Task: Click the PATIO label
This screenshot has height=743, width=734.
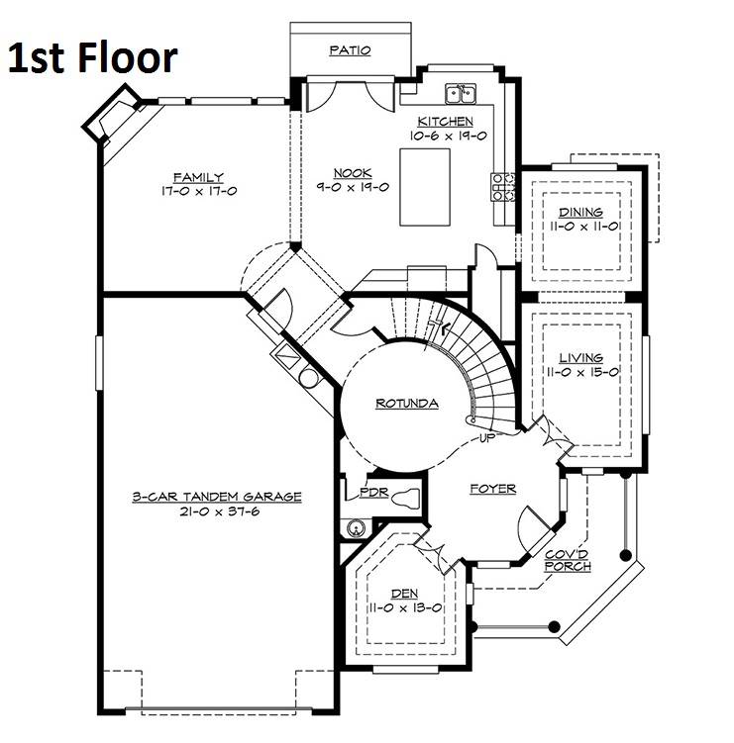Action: point(350,50)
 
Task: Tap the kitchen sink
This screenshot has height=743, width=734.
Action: point(461,93)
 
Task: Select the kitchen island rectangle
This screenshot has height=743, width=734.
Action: point(425,187)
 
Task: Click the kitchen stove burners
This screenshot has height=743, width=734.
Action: point(503,187)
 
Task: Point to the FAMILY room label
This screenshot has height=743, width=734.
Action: point(198,178)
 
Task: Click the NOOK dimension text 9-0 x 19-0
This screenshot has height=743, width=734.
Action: point(353,187)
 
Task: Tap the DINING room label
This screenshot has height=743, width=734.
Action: point(580,213)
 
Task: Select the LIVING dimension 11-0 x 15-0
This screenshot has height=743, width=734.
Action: point(583,372)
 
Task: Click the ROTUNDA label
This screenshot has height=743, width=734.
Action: point(406,404)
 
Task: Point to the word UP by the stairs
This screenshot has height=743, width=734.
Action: point(487,438)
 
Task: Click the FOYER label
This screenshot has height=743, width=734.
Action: point(492,489)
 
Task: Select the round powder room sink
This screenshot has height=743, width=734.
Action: point(356,528)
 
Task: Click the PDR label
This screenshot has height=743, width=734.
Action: point(373,493)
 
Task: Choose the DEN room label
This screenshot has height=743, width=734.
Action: point(405,594)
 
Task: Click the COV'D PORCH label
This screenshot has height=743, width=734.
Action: point(568,561)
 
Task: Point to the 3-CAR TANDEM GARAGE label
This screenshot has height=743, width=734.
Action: point(217,497)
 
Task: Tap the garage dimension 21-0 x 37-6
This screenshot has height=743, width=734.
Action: point(220,511)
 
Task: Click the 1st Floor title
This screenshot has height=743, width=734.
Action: point(93,57)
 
